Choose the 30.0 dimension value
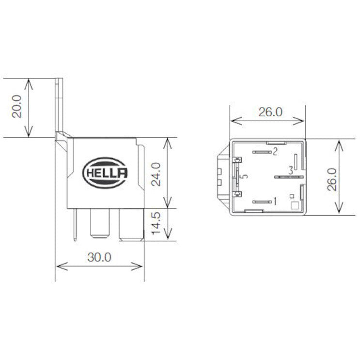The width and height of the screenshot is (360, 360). click(x=100, y=257)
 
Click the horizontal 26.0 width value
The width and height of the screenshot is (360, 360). click(x=269, y=112)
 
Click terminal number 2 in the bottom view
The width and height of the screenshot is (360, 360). click(x=275, y=152)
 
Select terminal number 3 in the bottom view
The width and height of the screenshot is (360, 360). click(x=290, y=171)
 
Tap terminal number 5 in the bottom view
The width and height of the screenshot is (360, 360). click(x=245, y=176)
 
